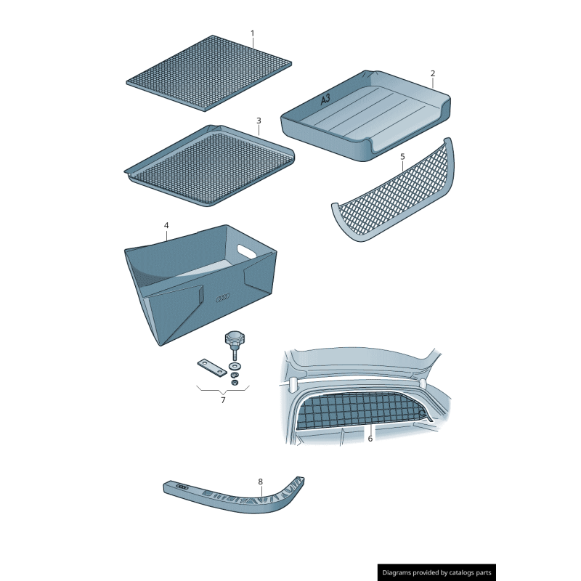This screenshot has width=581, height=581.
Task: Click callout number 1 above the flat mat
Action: click(x=253, y=33)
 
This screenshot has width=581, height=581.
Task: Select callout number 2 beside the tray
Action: click(x=433, y=73)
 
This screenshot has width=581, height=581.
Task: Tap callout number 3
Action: click(x=259, y=120)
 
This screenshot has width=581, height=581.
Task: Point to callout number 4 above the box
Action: click(x=166, y=226)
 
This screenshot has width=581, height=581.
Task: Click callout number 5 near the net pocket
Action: click(x=402, y=156)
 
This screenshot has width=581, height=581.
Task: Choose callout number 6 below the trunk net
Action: click(x=370, y=438)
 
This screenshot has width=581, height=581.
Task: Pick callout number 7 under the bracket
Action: click(x=223, y=399)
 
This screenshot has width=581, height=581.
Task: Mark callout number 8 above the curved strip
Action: click(x=260, y=482)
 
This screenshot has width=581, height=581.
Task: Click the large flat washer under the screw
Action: click(x=234, y=365)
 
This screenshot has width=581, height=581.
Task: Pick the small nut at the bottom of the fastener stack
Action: click(x=235, y=383)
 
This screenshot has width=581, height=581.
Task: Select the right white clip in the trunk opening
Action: click(x=422, y=381)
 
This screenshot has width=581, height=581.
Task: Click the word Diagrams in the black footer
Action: click(x=400, y=573)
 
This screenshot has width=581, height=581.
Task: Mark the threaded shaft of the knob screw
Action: click(x=234, y=354)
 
